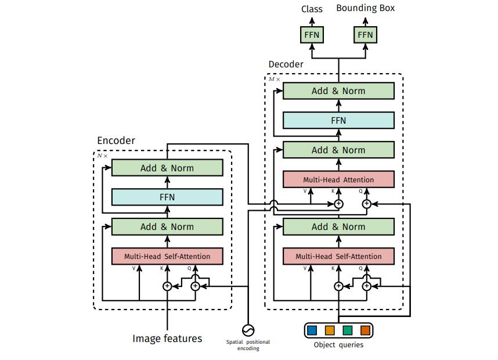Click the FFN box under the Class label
click(x=312, y=35)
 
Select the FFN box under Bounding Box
click(x=365, y=35)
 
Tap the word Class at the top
click(x=312, y=9)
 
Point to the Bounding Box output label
click(x=365, y=9)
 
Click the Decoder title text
click(x=286, y=64)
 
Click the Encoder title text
click(x=116, y=141)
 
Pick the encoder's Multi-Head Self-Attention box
click(x=167, y=256)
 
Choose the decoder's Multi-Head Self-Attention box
click(x=338, y=256)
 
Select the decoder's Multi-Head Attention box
click(x=338, y=179)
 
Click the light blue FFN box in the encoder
click(x=167, y=197)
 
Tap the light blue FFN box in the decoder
click(x=338, y=120)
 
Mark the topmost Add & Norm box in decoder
click(x=338, y=91)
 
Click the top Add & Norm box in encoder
click(x=167, y=168)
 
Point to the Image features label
click(x=167, y=339)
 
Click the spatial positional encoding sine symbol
click(x=248, y=330)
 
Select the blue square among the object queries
click(x=312, y=330)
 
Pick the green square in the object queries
click(x=348, y=330)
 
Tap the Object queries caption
click(x=338, y=345)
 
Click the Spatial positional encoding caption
click(x=248, y=345)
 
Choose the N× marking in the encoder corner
click(x=102, y=156)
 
